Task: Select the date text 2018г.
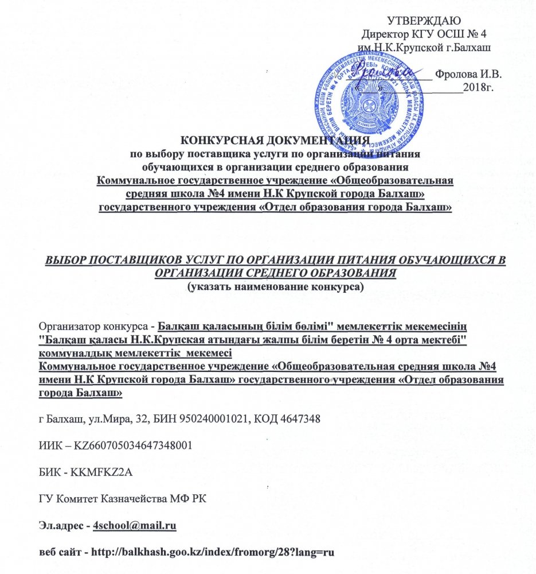coord(479,87)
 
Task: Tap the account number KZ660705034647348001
coord(127,445)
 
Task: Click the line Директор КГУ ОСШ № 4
coord(429,33)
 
